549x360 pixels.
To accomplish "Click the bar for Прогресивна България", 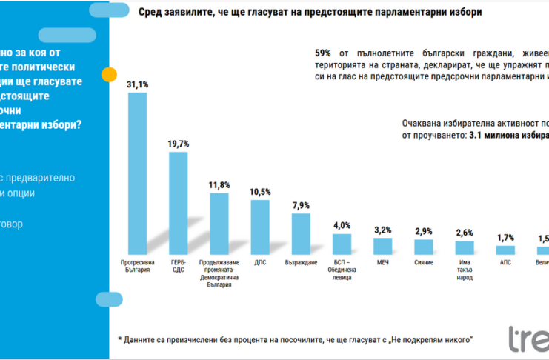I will tap(138, 173).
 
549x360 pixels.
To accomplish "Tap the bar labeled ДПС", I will tap(260, 227).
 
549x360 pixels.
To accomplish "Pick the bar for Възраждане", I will tap(301, 234).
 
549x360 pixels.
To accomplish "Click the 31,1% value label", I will tap(138, 85).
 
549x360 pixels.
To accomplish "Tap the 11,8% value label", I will tap(219, 185).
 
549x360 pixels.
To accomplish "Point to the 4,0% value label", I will tap(342, 225).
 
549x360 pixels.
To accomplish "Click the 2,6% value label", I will tap(464, 233).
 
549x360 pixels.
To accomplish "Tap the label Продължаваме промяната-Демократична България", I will tap(219, 273).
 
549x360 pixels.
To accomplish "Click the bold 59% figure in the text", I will tap(322, 53).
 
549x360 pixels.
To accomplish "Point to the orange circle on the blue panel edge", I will tap(109, 75).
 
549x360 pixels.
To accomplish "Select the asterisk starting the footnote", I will tap(120, 339).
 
